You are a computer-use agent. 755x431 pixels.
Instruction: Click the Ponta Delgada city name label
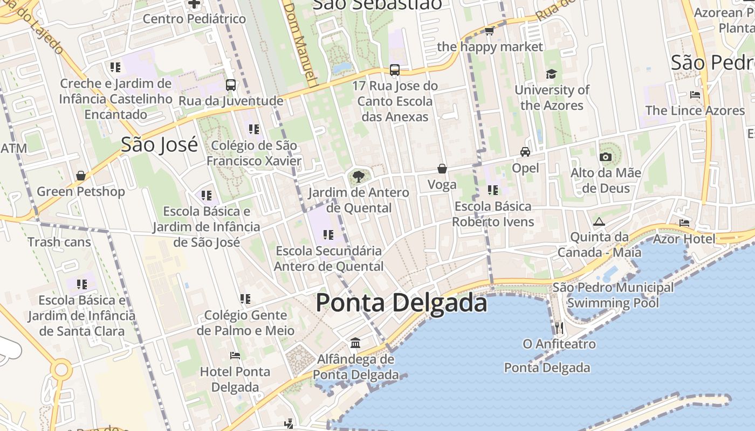[x=401, y=303]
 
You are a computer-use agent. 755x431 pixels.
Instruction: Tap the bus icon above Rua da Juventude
[x=231, y=85]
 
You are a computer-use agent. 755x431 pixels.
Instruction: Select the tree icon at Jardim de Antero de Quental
[x=358, y=176]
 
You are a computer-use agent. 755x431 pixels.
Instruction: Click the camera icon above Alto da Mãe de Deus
[x=606, y=157]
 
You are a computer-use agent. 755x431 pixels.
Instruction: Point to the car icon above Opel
[x=525, y=152]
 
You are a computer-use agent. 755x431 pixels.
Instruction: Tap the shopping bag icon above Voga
[x=442, y=169]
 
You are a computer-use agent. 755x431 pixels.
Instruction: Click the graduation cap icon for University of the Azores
[x=551, y=74]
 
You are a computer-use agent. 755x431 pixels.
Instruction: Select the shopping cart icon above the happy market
[x=490, y=31]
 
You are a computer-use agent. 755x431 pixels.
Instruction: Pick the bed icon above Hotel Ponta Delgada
[x=235, y=356]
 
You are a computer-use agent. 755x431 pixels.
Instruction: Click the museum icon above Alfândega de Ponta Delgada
[x=355, y=343]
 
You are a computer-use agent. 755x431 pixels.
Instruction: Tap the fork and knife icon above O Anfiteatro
[x=559, y=328]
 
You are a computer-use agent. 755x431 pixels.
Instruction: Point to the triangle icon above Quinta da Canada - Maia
[x=599, y=221]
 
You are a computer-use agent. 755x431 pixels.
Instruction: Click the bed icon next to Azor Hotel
[x=684, y=223]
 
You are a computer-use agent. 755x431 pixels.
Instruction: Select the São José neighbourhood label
[x=159, y=145]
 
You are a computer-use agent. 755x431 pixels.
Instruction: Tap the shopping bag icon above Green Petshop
[x=81, y=176]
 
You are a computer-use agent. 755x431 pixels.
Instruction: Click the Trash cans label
[x=59, y=242]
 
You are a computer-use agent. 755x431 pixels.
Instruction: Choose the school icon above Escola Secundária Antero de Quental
[x=328, y=234]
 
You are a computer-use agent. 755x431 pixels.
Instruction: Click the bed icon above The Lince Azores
[x=695, y=95]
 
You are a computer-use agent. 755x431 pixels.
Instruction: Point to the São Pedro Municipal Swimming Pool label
[x=613, y=295]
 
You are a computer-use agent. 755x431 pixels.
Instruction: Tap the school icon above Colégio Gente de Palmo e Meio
[x=245, y=298]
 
